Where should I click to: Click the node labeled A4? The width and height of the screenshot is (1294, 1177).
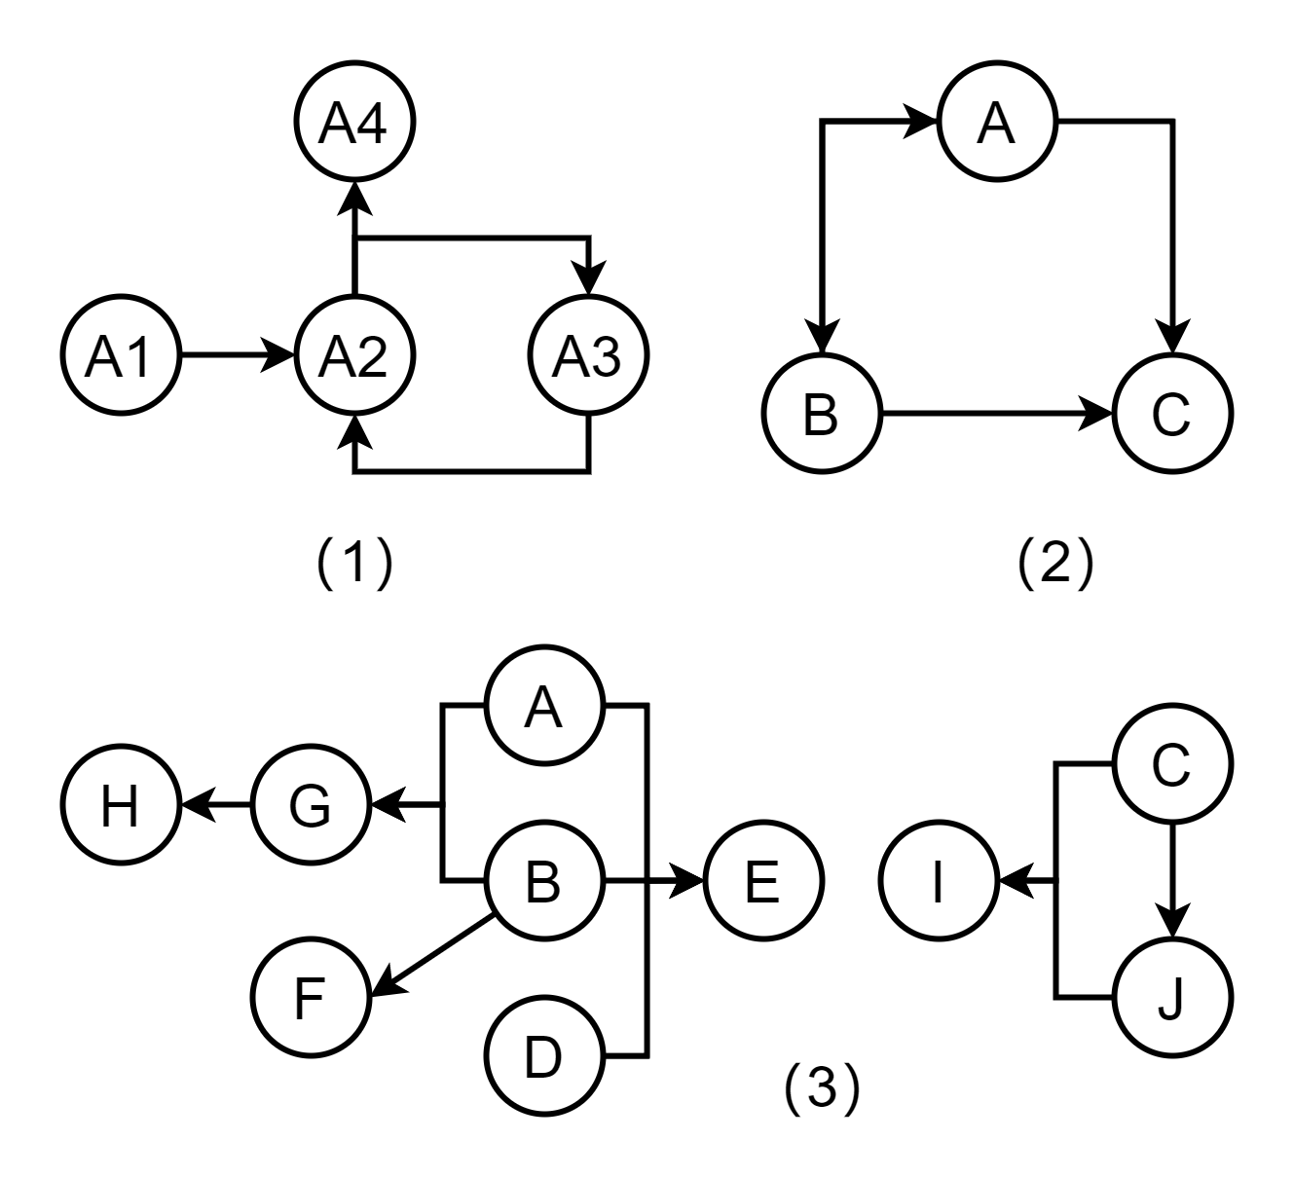click(x=354, y=122)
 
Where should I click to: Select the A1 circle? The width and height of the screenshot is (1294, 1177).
click(x=121, y=355)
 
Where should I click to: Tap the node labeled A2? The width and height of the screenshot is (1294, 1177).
click(x=354, y=355)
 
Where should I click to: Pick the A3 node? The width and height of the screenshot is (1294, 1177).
click(x=588, y=355)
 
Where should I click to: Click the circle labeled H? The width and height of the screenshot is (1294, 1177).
click(x=121, y=804)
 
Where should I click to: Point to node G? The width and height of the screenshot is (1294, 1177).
click(x=311, y=804)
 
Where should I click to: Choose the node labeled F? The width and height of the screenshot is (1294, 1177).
click(x=311, y=997)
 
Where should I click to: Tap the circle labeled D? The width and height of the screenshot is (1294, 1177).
click(x=544, y=1055)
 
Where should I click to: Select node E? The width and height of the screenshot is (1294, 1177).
click(x=763, y=880)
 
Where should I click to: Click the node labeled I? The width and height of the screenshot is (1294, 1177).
click(x=939, y=880)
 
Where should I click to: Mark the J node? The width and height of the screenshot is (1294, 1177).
click(x=1172, y=997)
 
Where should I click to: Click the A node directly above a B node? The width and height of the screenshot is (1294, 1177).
click(x=544, y=705)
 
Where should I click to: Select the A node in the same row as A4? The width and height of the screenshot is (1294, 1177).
click(x=997, y=122)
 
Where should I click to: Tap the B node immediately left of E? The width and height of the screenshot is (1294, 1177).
click(x=544, y=880)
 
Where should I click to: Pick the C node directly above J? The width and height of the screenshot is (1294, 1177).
click(x=1172, y=763)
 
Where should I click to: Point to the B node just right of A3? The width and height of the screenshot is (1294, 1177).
click(x=822, y=413)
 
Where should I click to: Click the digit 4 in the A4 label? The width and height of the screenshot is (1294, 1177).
click(x=371, y=123)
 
